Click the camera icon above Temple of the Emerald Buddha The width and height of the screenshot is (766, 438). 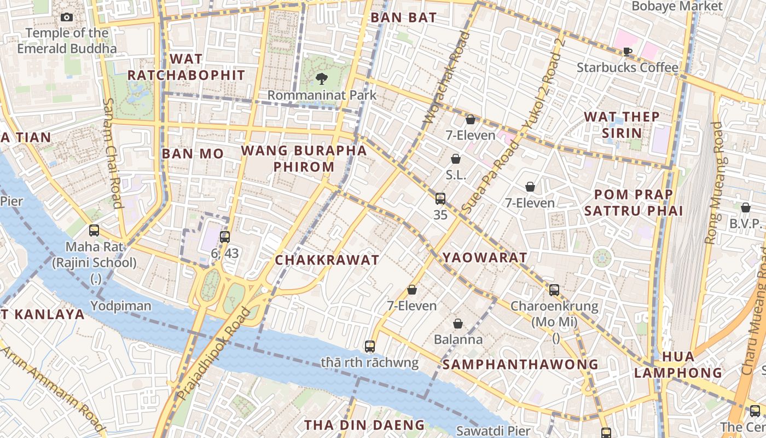[67, 18]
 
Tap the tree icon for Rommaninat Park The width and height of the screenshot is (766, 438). [321, 79]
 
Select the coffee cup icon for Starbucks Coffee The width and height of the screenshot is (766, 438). [627, 51]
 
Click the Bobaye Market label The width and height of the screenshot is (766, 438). [677, 6]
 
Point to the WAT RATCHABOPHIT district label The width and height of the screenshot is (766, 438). [186, 67]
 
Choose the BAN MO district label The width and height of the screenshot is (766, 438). [193, 154]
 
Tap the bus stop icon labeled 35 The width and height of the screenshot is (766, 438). [440, 199]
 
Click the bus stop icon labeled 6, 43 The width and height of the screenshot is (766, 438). [225, 237]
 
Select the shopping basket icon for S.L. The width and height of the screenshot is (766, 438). [456, 159]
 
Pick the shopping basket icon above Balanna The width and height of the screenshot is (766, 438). [458, 324]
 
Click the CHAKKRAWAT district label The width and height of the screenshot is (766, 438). [327, 260]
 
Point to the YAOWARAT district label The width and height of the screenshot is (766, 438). [485, 257]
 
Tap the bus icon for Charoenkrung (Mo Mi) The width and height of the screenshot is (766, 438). [554, 290]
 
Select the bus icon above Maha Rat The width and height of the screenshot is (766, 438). [94, 230]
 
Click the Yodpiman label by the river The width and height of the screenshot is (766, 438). [121, 306]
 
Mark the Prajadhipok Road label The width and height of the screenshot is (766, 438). [214, 353]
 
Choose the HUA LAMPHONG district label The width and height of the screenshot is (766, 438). [678, 365]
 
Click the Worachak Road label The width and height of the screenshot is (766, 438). [447, 77]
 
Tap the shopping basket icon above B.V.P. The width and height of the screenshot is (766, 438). [745, 208]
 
